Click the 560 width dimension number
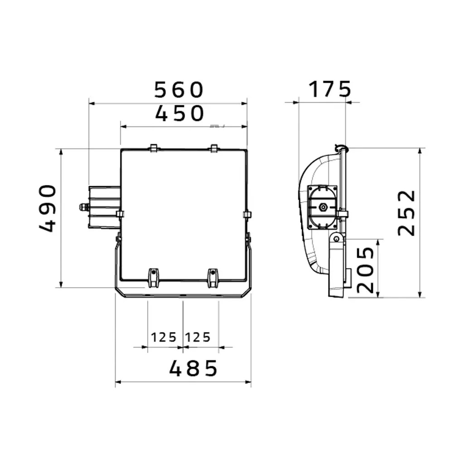179,90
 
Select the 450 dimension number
179,114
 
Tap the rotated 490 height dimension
47,208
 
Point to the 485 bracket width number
193,368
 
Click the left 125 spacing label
164,337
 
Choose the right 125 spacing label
198,337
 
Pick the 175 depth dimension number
330,89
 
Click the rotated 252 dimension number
406,213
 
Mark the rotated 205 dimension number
366,270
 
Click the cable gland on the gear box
84,207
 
